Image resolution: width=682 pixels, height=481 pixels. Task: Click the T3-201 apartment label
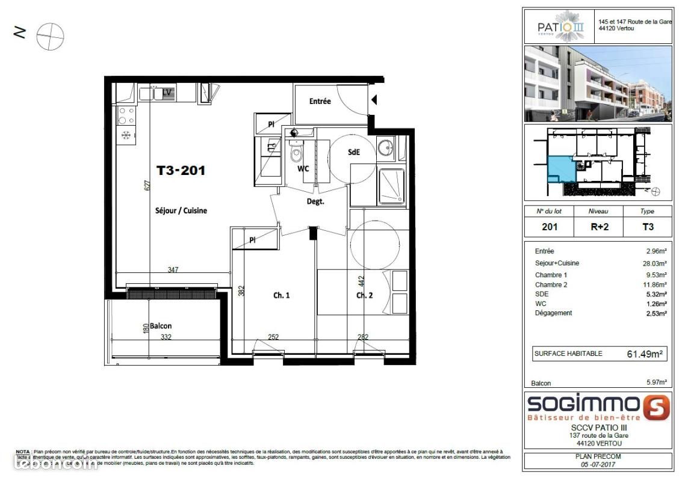(181, 171)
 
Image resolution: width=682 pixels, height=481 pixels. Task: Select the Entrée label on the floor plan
(320, 101)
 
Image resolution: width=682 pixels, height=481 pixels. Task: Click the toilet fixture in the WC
(296, 154)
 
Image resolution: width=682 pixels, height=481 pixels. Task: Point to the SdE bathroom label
(354, 153)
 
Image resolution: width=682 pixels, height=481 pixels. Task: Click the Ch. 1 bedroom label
(282, 295)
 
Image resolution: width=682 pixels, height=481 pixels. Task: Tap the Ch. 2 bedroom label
(365, 295)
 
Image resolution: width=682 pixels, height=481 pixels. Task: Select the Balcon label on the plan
(161, 326)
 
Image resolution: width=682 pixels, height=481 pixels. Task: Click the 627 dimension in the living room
(146, 186)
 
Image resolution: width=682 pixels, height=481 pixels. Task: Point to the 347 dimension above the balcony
(173, 270)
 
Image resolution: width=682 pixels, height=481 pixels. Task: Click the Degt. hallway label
(315, 202)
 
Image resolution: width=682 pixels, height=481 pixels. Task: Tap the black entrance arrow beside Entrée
(374, 100)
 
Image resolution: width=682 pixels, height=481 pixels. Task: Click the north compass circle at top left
(50, 37)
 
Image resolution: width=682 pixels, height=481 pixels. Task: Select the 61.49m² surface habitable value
(644, 354)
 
